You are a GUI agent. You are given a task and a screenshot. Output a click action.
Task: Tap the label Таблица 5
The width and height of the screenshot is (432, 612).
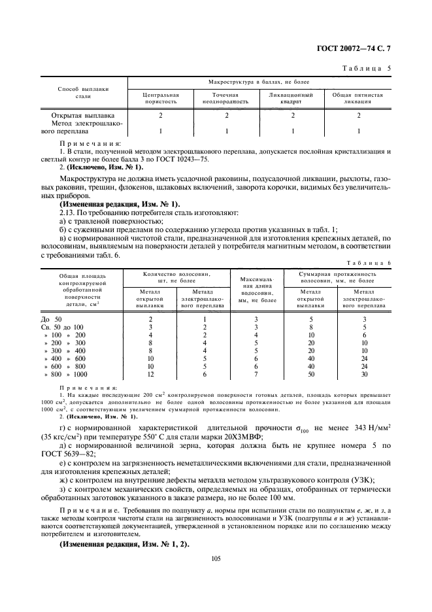click(368, 67)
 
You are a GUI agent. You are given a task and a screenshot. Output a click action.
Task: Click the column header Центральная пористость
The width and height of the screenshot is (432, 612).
click(160, 98)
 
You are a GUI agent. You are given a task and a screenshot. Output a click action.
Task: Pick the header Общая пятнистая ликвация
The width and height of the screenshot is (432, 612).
click(358, 98)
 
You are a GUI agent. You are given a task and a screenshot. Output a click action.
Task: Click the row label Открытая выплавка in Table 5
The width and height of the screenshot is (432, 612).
click(82, 115)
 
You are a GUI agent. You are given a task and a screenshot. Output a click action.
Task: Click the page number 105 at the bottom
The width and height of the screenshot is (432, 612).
click(216, 558)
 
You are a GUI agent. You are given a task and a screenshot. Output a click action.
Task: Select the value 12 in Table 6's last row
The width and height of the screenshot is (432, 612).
click(150, 374)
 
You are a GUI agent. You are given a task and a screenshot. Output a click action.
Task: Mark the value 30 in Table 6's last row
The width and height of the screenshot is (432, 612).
click(365, 374)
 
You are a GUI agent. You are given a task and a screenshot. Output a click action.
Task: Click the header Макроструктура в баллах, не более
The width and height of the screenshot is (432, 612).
click(259, 82)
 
